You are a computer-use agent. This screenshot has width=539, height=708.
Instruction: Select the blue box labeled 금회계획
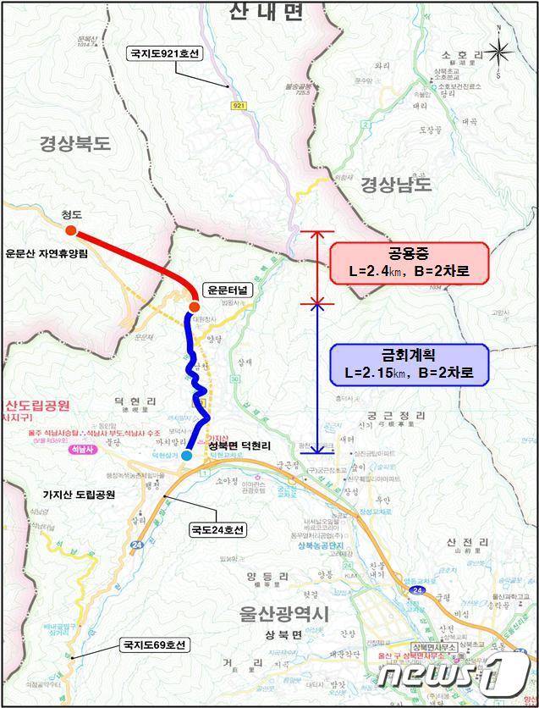click(x=409, y=364)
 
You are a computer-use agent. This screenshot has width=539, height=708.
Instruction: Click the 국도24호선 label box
click(x=216, y=531)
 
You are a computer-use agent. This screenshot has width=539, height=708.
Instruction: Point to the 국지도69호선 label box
click(x=155, y=645)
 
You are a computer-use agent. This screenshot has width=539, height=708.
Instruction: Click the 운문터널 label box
click(x=228, y=289)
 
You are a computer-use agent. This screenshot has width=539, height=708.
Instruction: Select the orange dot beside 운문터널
click(x=194, y=306)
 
